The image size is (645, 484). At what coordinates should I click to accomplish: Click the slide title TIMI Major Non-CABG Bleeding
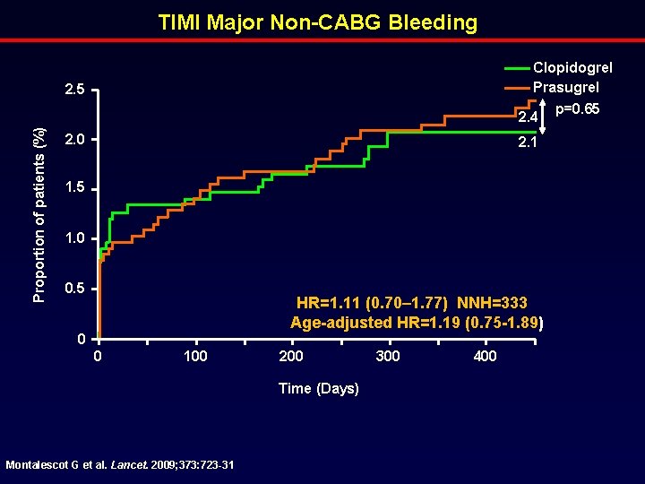pos(318,22)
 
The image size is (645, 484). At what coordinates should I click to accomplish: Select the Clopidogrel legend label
pos(572,68)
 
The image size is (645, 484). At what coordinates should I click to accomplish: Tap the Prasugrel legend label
pos(566,87)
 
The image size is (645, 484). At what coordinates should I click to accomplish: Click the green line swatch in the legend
pos(517,68)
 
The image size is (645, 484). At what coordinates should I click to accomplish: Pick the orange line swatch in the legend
pos(517,88)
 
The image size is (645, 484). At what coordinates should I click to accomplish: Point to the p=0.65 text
pos(577,109)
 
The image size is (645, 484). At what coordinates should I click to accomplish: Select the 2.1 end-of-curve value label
pos(527,143)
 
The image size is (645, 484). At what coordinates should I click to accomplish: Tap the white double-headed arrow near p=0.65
pos(545,117)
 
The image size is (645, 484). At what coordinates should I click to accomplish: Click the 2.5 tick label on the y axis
pos(74,91)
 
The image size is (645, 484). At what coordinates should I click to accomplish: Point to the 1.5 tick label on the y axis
pos(74,189)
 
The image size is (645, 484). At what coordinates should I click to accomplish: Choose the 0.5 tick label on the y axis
pos(74,290)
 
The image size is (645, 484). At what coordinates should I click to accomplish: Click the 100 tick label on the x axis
pos(194,357)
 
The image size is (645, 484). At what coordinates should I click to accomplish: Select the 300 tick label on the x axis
pos(387,357)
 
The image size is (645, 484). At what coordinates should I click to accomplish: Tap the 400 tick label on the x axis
pos(485,357)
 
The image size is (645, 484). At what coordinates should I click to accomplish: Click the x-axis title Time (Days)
pos(319,388)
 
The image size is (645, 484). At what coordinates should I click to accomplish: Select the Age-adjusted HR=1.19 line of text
pos(417,323)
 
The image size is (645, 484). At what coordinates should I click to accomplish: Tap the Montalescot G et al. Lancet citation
pos(120,464)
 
